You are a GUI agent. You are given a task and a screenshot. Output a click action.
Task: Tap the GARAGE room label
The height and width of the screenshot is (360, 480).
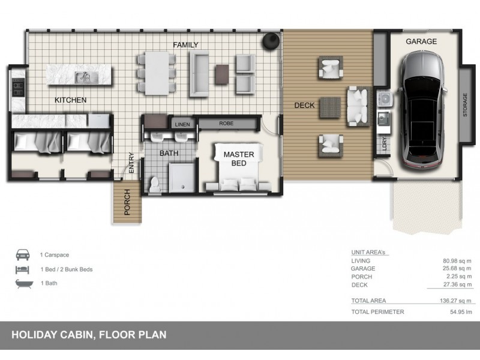(x=421, y=41)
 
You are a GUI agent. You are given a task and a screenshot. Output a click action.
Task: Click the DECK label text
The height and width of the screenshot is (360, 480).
(x=304, y=106)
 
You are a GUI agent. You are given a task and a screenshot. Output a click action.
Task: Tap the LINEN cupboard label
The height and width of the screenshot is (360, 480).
(x=182, y=124)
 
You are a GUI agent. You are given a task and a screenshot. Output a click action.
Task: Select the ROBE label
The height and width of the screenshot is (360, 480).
(x=226, y=124)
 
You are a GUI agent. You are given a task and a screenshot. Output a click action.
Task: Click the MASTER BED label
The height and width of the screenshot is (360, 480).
(x=239, y=159)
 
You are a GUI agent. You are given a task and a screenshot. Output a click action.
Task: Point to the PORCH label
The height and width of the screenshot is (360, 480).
(x=127, y=202)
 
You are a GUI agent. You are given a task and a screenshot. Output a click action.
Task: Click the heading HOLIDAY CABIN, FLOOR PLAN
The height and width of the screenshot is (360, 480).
(x=89, y=335)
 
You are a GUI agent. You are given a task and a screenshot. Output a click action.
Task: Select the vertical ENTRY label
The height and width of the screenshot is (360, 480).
(x=131, y=164)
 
